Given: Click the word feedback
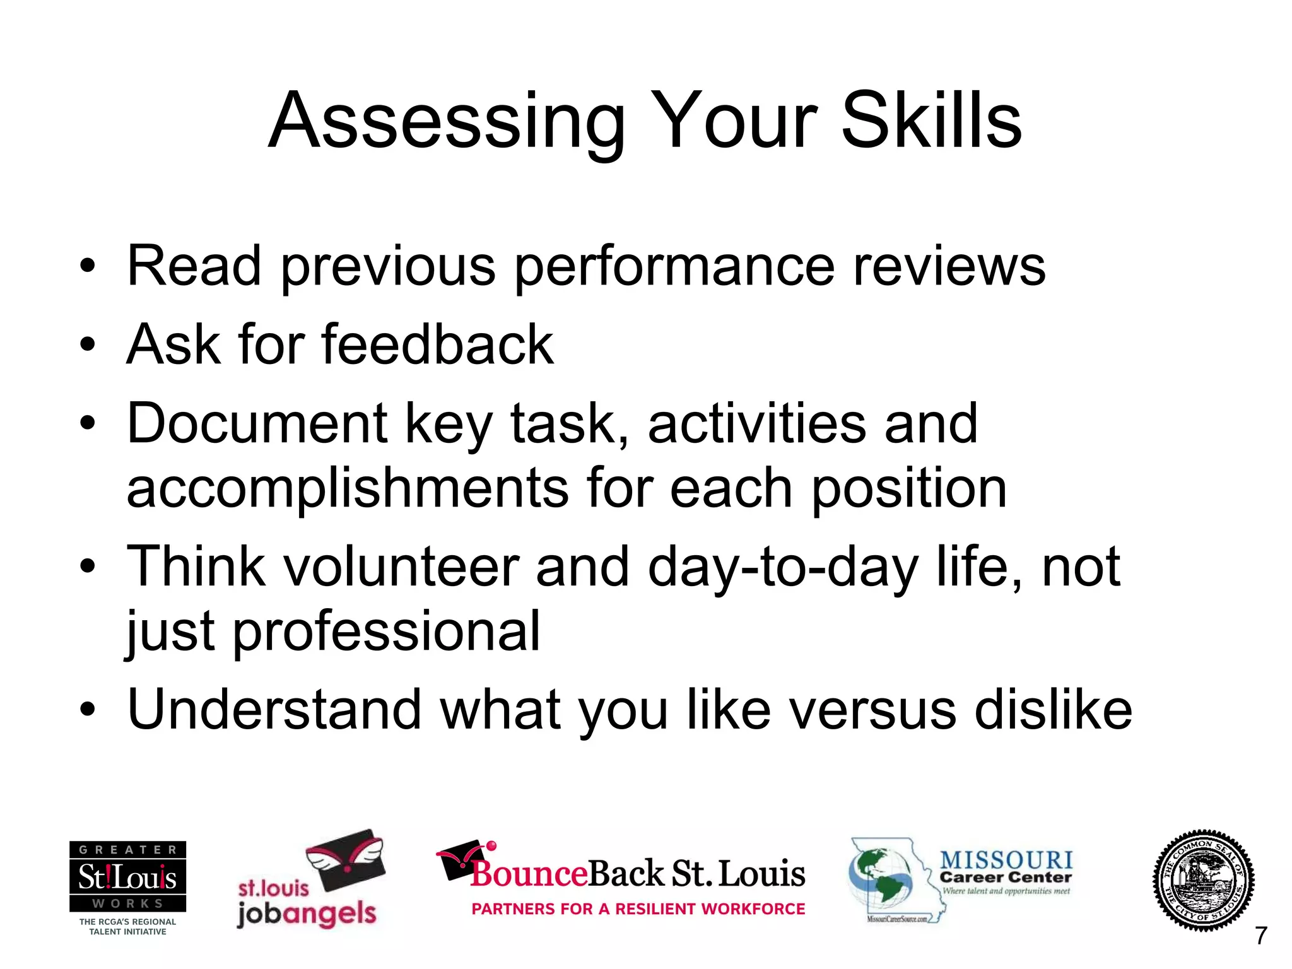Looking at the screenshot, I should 437,345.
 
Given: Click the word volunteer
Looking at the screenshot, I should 401,567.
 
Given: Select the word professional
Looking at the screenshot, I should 386,632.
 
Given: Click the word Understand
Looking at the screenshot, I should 274,710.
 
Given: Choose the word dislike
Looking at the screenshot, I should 1053,710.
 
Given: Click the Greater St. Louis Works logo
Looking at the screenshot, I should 127,877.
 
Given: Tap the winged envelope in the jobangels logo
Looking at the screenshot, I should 346,860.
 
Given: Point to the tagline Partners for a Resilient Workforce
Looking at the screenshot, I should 638,909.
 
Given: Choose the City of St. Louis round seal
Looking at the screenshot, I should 1203,880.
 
